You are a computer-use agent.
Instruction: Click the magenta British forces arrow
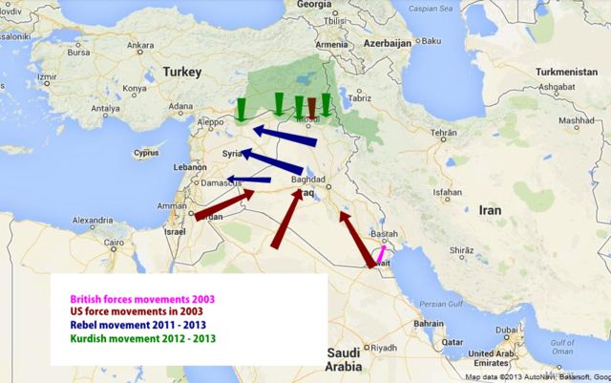(380, 255)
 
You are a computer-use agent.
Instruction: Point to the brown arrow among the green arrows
(311, 107)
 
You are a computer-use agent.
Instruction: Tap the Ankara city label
(140, 45)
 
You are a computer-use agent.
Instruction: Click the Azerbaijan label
(385, 43)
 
